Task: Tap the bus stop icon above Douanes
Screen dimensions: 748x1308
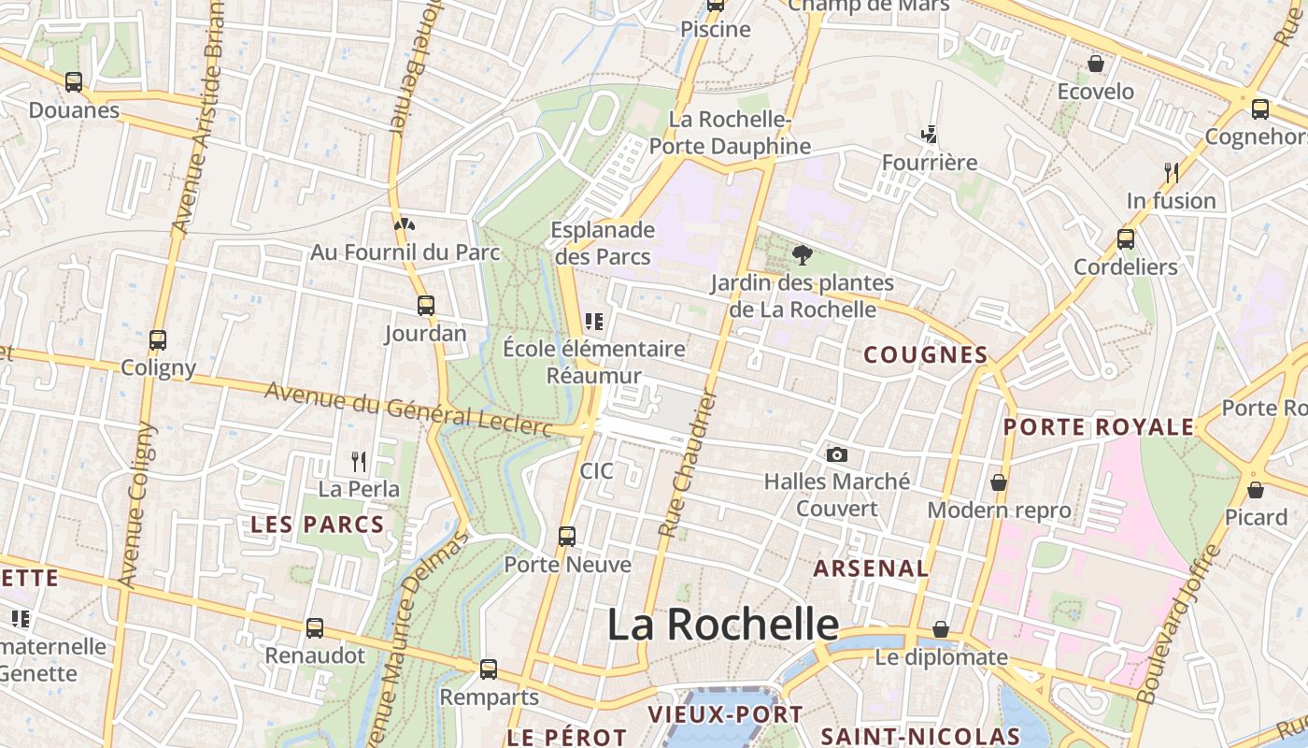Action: [x=74, y=82]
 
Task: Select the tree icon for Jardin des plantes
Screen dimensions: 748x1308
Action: [x=802, y=254]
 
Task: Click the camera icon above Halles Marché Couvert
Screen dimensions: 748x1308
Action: [x=837, y=454]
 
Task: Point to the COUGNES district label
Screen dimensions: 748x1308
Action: [x=925, y=355]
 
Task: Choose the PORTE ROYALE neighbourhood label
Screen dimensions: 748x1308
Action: [x=1099, y=427]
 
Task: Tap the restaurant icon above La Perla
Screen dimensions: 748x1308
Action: [x=358, y=461]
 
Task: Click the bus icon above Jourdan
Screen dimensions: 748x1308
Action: [x=426, y=305]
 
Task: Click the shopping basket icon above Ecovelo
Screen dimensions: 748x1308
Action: [x=1095, y=64]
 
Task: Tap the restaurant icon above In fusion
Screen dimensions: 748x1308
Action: [x=1171, y=172]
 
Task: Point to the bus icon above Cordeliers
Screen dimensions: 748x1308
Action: [x=1126, y=238]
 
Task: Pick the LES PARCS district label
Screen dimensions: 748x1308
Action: [x=318, y=525]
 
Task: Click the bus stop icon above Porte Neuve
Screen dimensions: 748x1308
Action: [x=567, y=537]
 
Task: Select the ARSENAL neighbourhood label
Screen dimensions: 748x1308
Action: [x=871, y=568]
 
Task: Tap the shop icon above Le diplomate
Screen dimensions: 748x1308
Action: [x=941, y=629]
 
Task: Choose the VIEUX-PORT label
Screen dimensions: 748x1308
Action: [x=725, y=715]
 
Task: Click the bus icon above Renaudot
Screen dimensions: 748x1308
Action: [x=315, y=627]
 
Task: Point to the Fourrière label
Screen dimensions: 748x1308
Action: [x=930, y=163]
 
